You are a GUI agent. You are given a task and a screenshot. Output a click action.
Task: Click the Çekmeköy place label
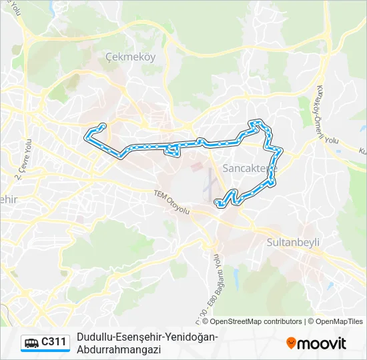131,57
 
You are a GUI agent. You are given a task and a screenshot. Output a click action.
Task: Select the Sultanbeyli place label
294,242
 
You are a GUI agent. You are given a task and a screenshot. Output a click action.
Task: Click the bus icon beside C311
31,343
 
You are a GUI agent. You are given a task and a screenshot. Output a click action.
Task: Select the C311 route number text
54,343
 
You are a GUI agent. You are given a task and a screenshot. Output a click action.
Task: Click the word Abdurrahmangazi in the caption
115,349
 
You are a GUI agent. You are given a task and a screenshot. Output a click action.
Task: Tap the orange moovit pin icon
291,343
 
